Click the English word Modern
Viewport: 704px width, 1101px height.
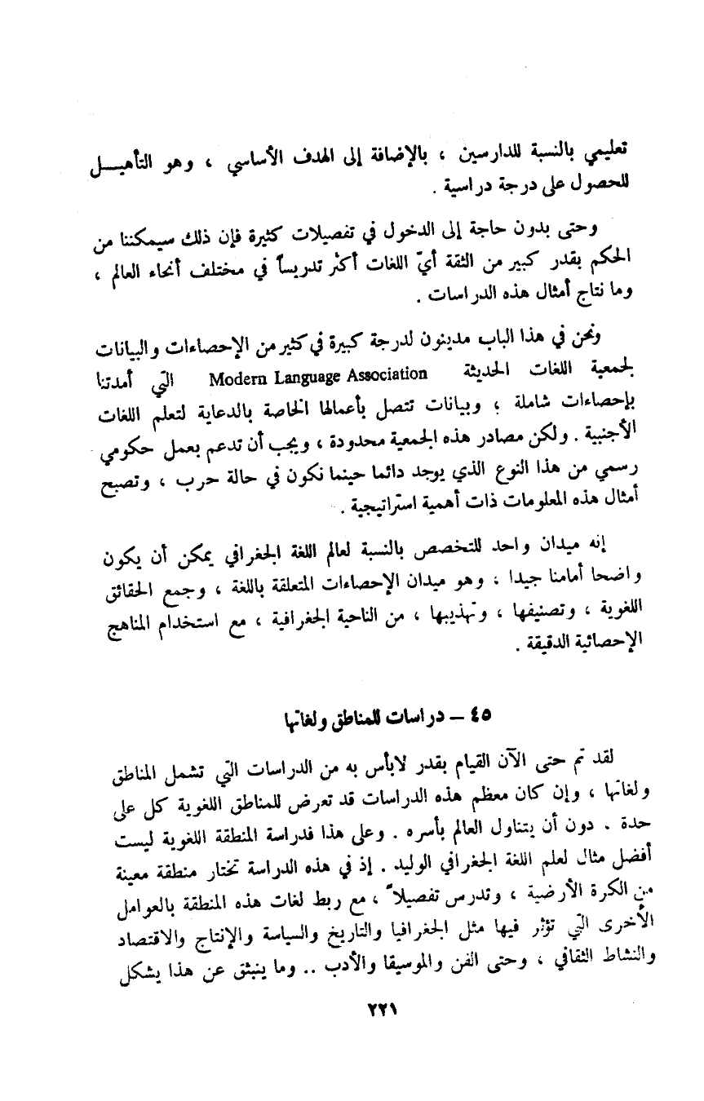click(x=232, y=377)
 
